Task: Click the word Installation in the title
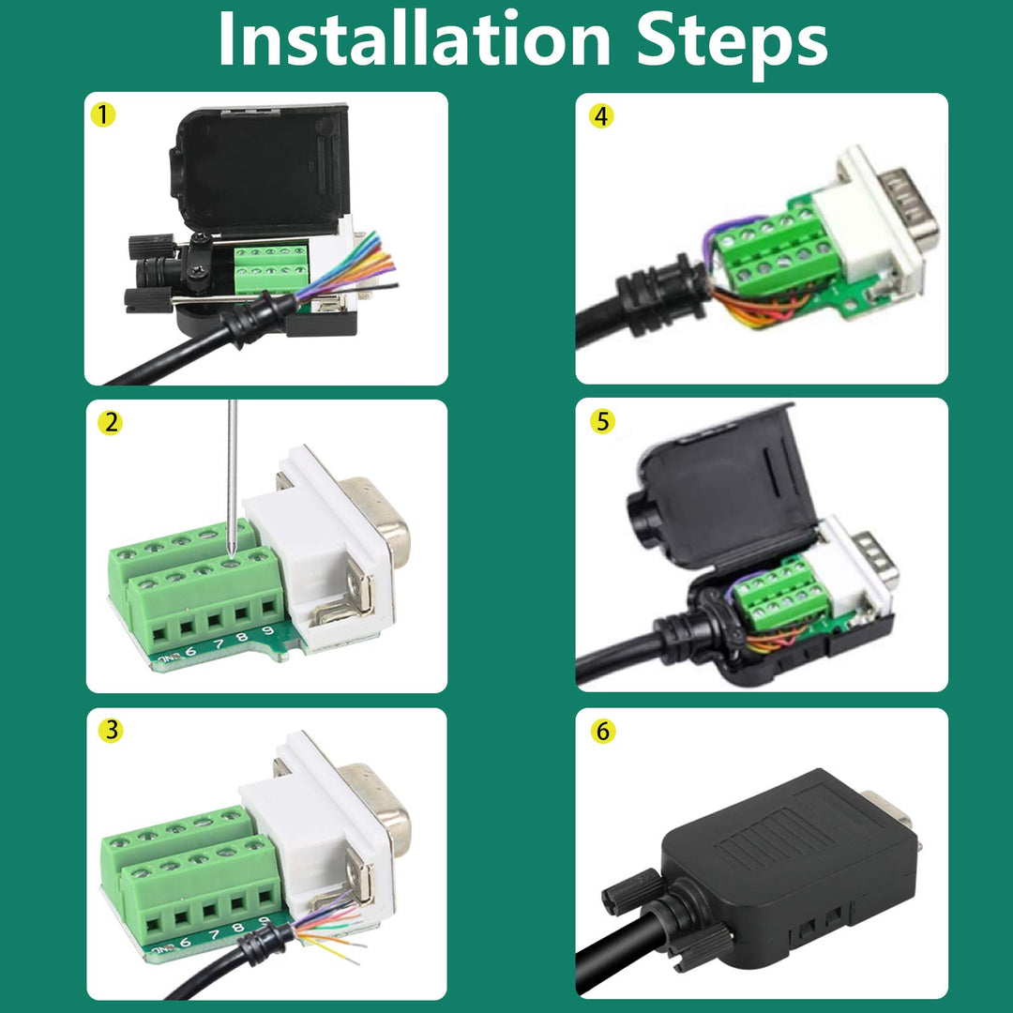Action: click(x=414, y=39)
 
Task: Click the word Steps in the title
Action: click(x=731, y=39)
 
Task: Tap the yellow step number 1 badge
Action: click(x=103, y=115)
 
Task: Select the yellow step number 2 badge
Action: click(x=111, y=423)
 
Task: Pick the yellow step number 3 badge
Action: click(x=111, y=730)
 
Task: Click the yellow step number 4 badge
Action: click(x=601, y=116)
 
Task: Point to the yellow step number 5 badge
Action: click(x=601, y=422)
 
